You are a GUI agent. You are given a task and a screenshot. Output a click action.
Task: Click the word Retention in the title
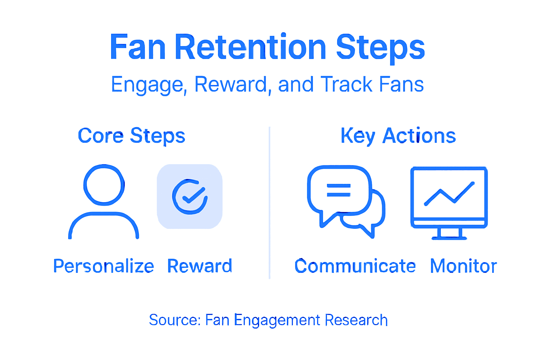point(251,47)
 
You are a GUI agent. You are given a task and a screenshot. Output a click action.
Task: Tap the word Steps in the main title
point(380,47)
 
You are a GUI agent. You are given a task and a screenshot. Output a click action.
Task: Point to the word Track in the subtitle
point(346,84)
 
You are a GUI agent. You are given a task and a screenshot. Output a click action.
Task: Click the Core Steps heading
point(131,136)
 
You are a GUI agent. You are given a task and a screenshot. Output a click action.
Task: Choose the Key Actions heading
point(398,136)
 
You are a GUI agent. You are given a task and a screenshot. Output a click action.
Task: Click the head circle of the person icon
point(104,185)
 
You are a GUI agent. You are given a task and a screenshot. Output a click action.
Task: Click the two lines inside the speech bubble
point(339,190)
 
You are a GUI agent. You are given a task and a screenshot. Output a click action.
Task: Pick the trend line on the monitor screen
point(449,193)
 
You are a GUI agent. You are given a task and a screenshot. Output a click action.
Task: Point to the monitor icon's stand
point(449,233)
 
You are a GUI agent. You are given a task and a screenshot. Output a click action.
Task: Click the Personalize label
point(103,266)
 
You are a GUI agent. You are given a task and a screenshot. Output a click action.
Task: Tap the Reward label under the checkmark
point(200,266)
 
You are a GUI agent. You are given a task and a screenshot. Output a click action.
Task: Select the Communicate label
point(355,266)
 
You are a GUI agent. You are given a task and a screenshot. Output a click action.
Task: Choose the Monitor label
point(463,266)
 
